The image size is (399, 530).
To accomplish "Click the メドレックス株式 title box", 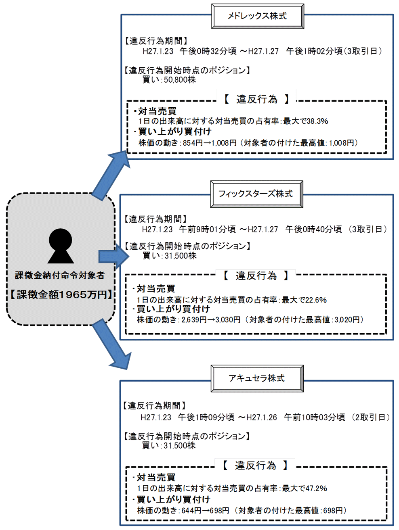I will coord(257,16).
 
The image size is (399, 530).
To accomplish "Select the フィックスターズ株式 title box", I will coord(256,194).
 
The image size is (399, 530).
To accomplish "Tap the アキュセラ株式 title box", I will coord(257,378).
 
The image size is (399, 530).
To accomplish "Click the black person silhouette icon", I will coord(61,246).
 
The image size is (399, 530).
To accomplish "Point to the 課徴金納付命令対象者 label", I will coord(60,275).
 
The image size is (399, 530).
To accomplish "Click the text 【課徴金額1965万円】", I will coord(61,295).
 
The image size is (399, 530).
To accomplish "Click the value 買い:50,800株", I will coord(169,80).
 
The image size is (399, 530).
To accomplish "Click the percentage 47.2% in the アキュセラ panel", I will coord(316,488).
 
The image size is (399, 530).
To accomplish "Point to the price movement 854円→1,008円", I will coord(210,143).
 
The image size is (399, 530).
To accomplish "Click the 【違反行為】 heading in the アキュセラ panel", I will coord(255,465).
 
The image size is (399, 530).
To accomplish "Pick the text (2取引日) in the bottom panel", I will coord(370,417).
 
